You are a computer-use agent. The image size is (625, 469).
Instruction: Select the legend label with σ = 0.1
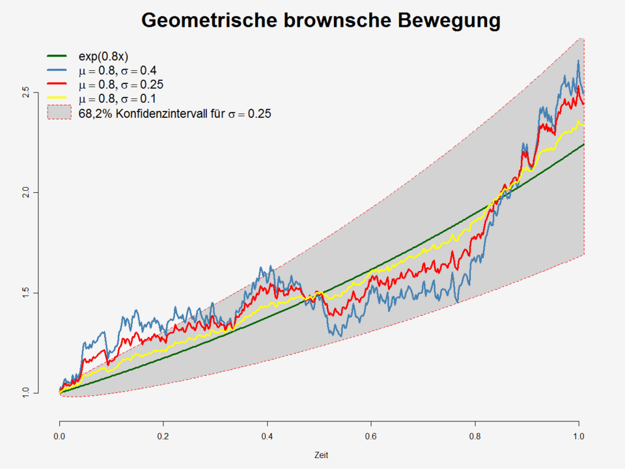[117, 98]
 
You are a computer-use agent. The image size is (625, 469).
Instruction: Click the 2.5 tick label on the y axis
[25, 92]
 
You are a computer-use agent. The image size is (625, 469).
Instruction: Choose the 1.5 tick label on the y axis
[25, 293]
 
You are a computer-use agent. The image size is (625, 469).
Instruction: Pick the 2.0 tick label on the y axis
[25, 193]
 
